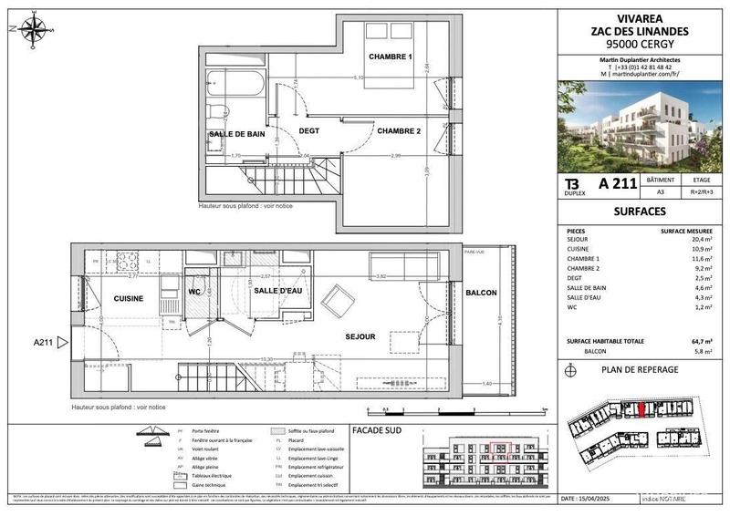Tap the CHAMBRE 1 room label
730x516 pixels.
[x=391, y=58]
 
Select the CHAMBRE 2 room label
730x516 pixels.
[x=399, y=131]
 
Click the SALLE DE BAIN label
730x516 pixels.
[x=236, y=134]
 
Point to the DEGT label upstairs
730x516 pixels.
[x=309, y=131]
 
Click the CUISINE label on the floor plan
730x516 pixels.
[x=130, y=298]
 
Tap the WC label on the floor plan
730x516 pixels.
[x=193, y=292]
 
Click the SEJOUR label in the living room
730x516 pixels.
[x=360, y=336]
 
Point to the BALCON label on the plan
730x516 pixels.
[x=481, y=293]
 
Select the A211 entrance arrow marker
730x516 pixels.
[x=62, y=343]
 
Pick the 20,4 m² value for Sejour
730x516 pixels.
[x=697, y=238]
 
